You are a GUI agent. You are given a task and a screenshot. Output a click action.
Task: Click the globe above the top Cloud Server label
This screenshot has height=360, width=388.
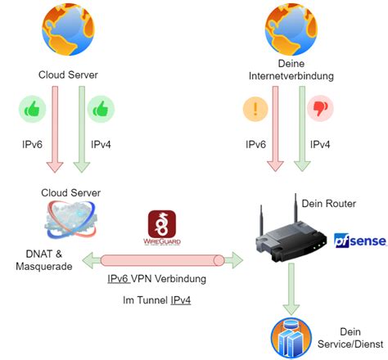[68, 30]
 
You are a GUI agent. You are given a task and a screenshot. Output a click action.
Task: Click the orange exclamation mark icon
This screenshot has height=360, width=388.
[255, 109]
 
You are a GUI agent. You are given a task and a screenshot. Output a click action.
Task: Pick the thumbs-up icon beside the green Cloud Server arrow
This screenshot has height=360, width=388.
[100, 109]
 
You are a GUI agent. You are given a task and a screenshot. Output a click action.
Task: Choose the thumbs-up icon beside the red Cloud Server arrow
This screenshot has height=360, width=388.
[33, 109]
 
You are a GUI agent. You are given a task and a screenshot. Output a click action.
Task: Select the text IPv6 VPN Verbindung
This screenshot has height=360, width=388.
[156, 279]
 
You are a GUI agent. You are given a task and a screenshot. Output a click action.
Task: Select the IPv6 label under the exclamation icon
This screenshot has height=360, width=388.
[255, 144]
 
